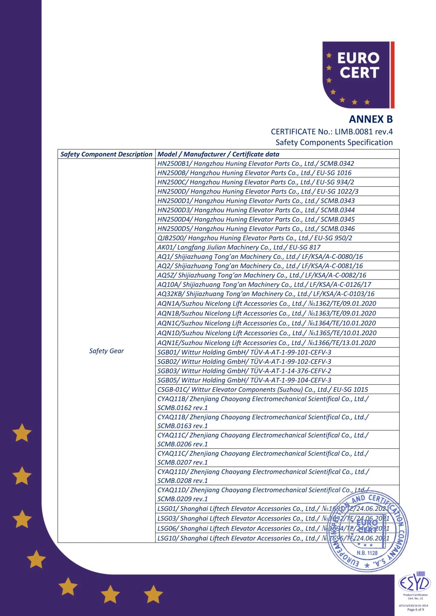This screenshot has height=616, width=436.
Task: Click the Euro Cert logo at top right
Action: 358,75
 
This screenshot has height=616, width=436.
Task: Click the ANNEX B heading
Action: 371,119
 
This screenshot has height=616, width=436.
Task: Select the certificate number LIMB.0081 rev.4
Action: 363,132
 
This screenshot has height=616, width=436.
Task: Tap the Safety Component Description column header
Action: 106,154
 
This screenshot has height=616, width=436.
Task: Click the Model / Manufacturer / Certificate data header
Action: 218,154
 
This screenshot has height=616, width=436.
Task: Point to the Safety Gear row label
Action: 106,351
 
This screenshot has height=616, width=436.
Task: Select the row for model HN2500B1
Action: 255,164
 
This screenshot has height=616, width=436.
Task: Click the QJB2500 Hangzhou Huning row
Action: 254,238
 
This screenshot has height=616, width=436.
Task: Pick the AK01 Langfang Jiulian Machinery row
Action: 238,247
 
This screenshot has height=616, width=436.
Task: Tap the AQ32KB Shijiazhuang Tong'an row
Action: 266,294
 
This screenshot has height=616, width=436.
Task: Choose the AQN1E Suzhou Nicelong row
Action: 266,343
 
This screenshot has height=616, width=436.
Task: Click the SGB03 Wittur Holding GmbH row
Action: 244,371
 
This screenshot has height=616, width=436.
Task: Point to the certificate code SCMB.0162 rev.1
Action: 183,408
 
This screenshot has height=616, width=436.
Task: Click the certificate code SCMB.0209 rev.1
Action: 183,499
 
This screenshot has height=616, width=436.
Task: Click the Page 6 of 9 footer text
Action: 416,610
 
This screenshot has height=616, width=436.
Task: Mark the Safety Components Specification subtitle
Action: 334,143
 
